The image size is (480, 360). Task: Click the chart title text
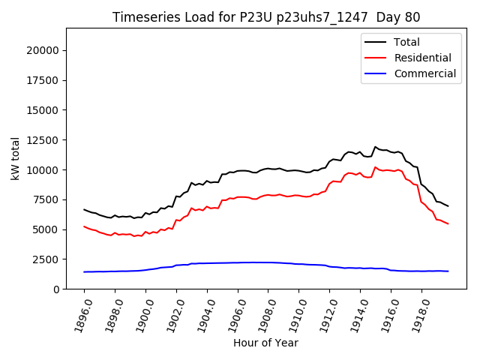pyautogui.click(x=266, y=17)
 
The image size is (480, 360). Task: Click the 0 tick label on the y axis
pyautogui.click(x=56, y=289)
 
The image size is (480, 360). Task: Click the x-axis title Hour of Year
pyautogui.click(x=265, y=343)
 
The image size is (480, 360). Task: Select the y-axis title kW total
pyautogui.click(x=15, y=159)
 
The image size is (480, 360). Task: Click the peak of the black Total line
pyautogui.click(x=375, y=147)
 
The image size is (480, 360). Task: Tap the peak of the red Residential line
pyautogui.click(x=375, y=167)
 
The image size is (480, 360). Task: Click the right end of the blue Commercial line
pyautogui.click(x=448, y=271)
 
